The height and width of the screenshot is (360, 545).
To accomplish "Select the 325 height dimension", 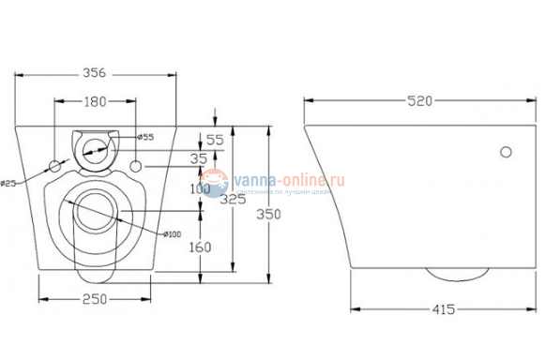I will pos(234,199).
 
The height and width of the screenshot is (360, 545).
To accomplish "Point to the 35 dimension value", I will pos(199,158).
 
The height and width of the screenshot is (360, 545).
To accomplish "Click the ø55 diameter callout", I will pos(145,137).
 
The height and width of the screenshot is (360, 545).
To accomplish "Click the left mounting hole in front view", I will pos(55,167).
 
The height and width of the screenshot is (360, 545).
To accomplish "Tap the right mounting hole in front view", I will pos(137,167).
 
